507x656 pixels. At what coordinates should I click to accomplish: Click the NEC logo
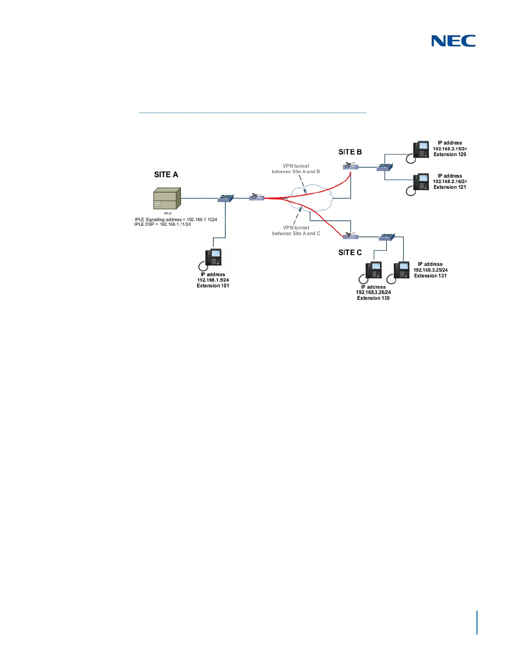click(x=453, y=41)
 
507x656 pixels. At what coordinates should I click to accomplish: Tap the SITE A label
click(x=166, y=175)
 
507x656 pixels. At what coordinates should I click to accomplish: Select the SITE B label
click(x=350, y=152)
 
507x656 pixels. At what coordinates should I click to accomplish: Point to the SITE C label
click(x=350, y=253)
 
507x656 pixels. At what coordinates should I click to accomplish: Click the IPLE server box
click(x=167, y=199)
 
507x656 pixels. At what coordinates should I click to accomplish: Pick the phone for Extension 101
click(x=214, y=258)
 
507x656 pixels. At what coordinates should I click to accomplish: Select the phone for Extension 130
click(x=372, y=272)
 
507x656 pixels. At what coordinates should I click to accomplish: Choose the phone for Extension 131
click(x=401, y=272)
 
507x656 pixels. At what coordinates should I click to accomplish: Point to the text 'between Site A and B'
click(x=296, y=171)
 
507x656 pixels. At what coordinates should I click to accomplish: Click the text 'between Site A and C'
click(x=296, y=234)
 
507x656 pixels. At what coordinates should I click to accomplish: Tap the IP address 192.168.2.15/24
click(x=450, y=149)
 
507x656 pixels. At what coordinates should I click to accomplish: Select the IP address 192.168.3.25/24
click(x=430, y=270)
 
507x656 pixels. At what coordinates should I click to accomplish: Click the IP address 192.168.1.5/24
click(x=213, y=280)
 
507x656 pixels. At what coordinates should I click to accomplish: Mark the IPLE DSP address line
click(x=163, y=224)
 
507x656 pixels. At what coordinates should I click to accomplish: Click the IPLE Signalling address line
click(x=176, y=219)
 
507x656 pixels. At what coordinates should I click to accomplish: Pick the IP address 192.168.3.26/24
click(x=373, y=292)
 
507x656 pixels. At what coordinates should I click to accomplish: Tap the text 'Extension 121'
click(x=450, y=187)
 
